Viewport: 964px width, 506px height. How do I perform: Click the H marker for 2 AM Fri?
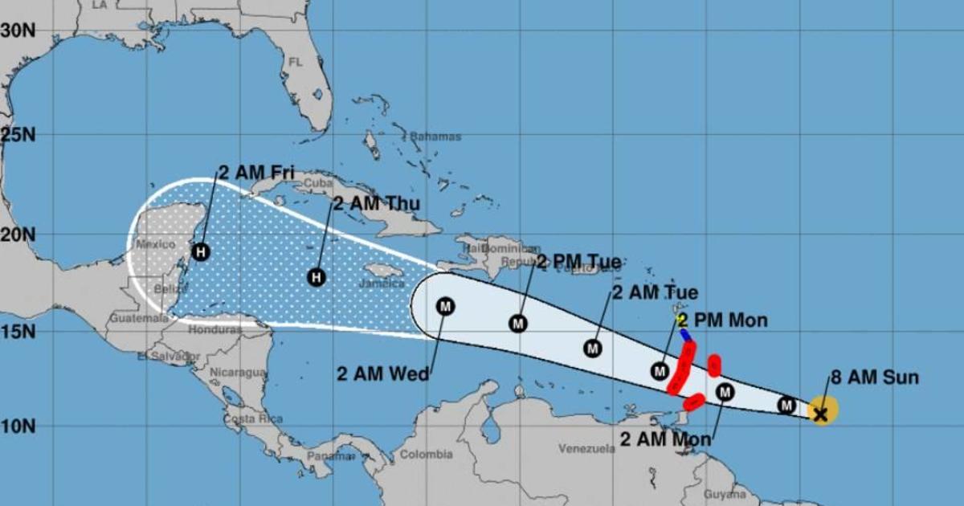click(x=200, y=252)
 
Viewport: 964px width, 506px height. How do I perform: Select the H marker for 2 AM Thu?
click(x=317, y=277)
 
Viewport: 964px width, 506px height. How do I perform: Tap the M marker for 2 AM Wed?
click(x=445, y=306)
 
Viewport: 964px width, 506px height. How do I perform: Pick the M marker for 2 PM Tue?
click(x=519, y=323)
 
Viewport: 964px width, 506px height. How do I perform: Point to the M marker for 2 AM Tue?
click(x=593, y=349)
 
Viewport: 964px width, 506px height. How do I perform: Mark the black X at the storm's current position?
click(x=820, y=414)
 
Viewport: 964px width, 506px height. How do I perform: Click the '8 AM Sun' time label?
click(x=875, y=377)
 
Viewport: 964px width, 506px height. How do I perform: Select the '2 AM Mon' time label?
click(x=666, y=439)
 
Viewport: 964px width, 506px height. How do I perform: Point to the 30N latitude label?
click(x=18, y=31)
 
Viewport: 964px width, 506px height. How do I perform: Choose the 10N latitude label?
click(x=18, y=425)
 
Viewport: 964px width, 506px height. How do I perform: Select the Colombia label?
click(x=426, y=455)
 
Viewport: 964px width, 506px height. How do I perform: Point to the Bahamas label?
click(x=435, y=137)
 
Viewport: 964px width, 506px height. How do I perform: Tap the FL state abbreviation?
click(x=295, y=62)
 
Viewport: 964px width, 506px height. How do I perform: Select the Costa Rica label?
click(x=246, y=419)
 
